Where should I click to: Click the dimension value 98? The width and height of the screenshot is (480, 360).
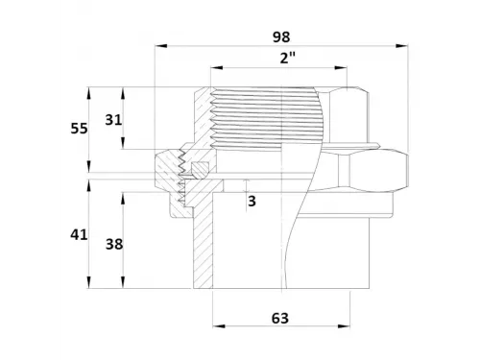coord(281,37)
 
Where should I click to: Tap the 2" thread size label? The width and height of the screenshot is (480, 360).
coord(287,59)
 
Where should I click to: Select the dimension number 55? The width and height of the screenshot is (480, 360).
coord(79,129)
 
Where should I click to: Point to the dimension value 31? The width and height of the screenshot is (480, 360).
coord(113,120)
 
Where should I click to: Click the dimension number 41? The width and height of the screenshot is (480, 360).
coord(79,235)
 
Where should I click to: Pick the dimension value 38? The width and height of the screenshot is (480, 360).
coord(114,245)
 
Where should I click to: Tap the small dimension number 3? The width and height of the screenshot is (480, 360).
coord(252,202)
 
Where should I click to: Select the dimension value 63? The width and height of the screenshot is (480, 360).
coord(280,319)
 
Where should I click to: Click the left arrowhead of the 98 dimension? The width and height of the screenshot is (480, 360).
coord(161,46)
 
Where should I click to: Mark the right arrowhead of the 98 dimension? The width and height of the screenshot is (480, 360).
coord(402,46)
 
